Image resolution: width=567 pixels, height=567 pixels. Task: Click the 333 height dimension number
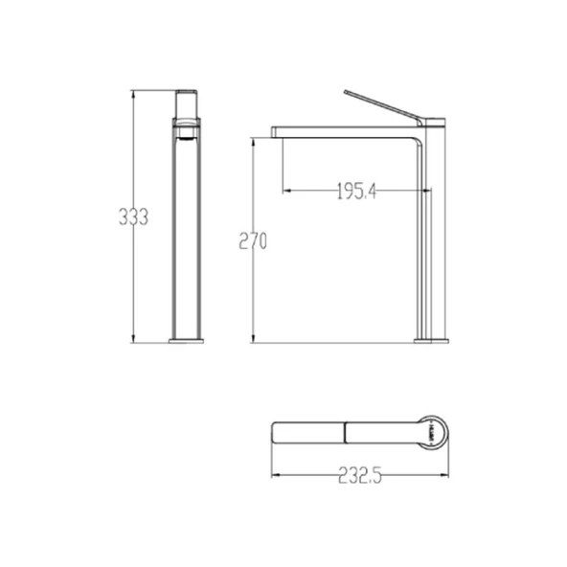click(133, 217)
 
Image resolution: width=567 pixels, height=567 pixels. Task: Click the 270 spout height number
click(253, 240)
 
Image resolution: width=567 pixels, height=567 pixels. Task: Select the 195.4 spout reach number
click(356, 192)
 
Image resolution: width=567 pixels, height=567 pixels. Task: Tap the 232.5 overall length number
click(360, 475)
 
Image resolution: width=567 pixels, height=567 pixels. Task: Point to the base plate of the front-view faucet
click(186, 341)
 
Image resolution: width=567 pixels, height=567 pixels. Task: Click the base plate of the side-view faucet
click(431, 341)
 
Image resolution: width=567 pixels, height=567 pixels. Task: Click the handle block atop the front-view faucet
click(187, 104)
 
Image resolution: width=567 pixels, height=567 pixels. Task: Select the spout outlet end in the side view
click(277, 132)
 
